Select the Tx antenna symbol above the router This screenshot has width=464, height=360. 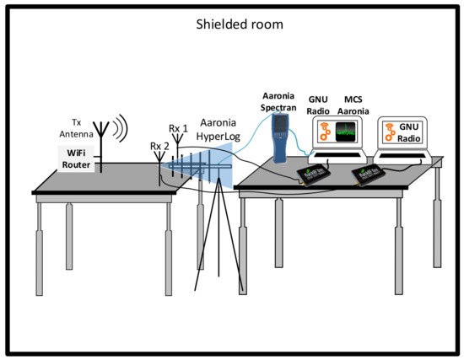click(101, 139)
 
